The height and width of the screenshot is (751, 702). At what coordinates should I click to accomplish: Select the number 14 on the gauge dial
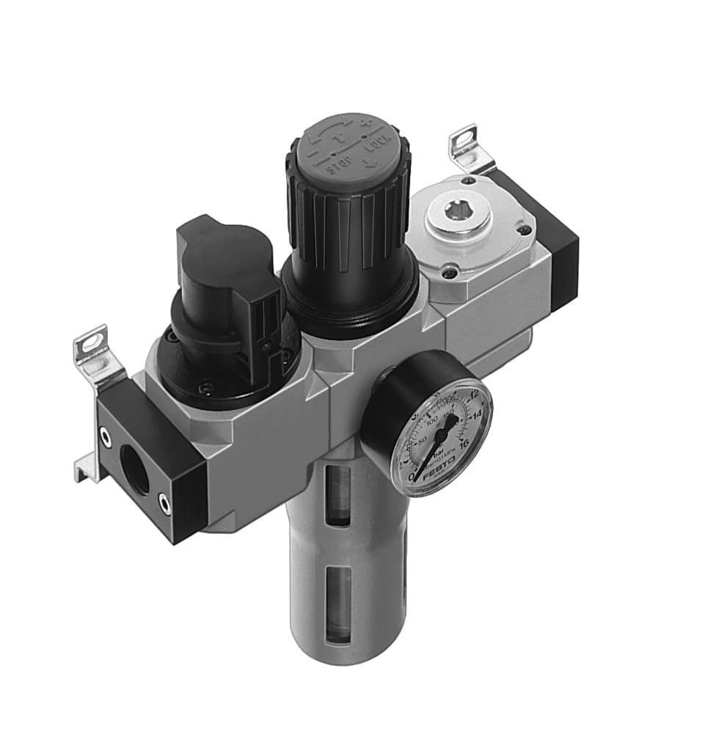pyautogui.click(x=477, y=416)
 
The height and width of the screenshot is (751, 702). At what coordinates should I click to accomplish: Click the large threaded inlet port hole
pyautogui.click(x=135, y=469)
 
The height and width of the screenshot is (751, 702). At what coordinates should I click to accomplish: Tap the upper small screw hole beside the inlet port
pyautogui.click(x=107, y=438)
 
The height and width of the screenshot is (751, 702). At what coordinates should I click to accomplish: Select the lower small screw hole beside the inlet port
pyautogui.click(x=164, y=504)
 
